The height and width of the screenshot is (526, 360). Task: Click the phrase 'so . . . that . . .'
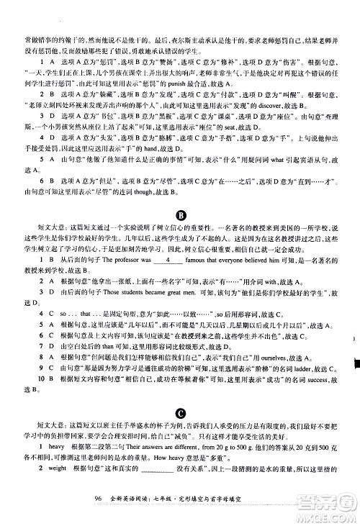point(73,315)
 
